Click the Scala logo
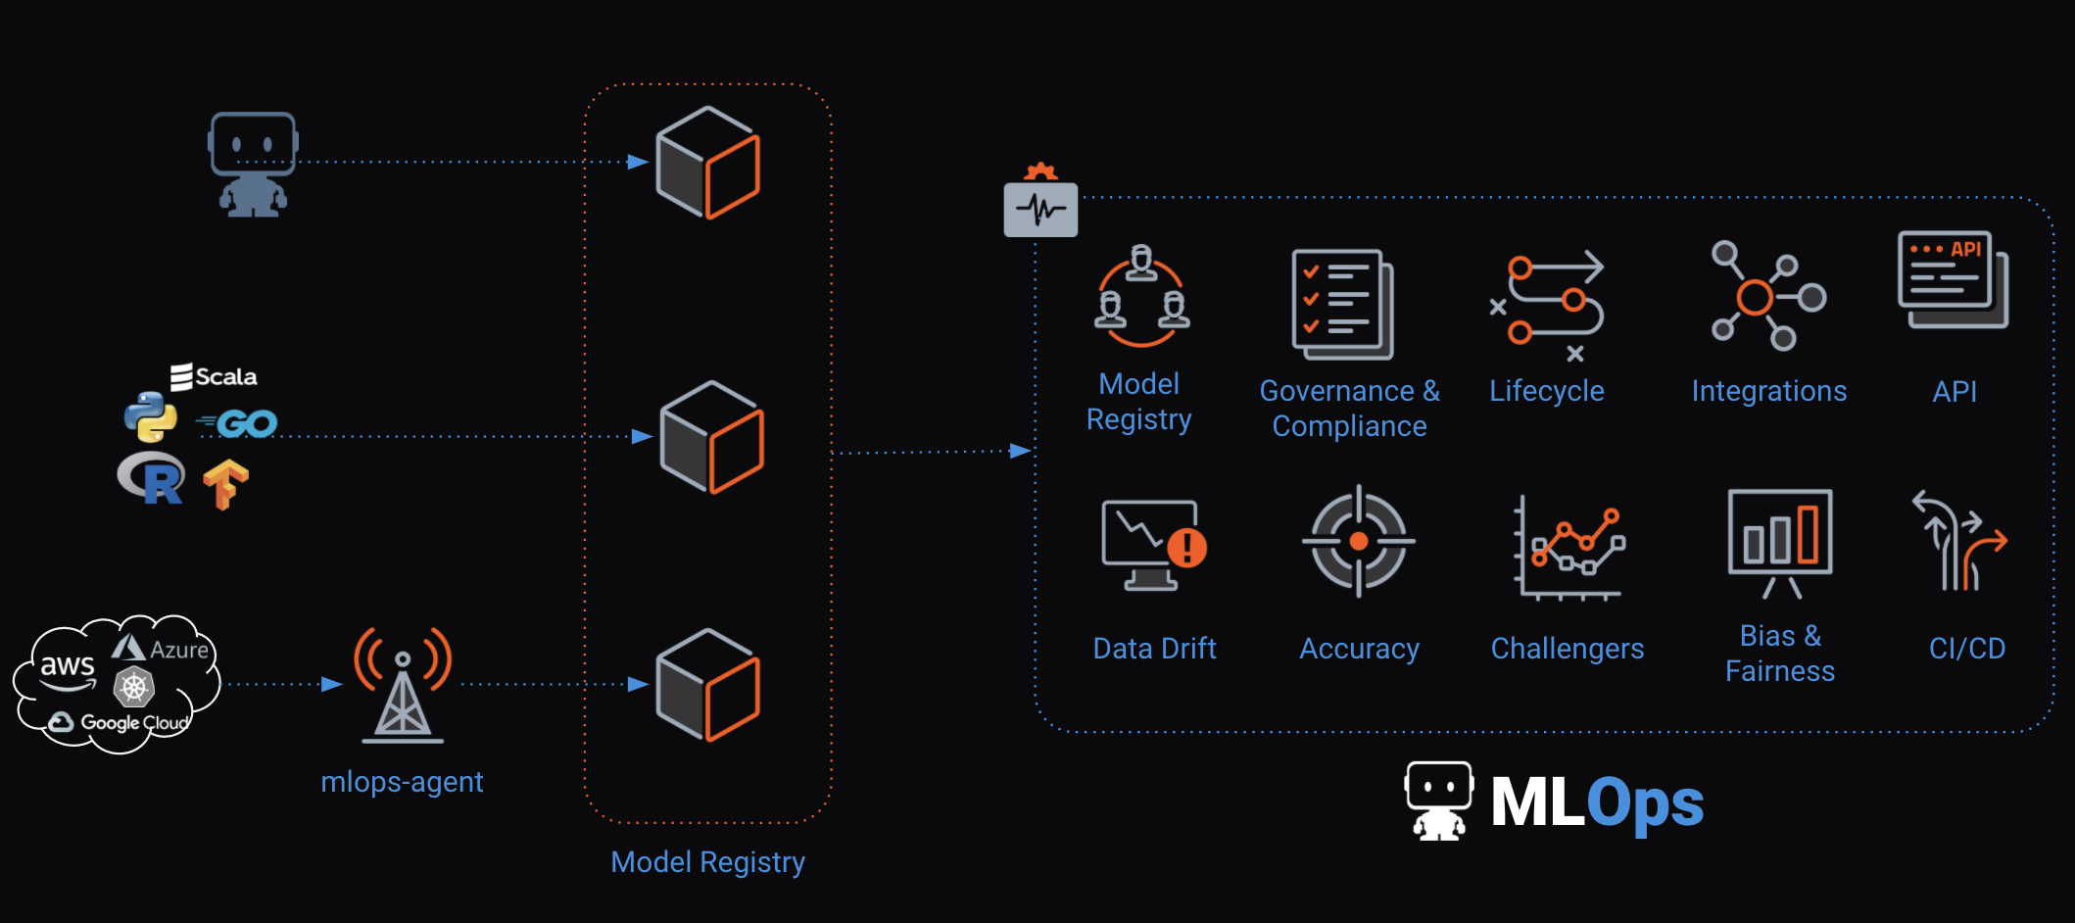(x=214, y=377)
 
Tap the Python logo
(x=151, y=416)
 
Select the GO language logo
(x=239, y=423)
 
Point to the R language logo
(x=152, y=478)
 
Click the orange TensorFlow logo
(x=225, y=484)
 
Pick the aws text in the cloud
(x=67, y=666)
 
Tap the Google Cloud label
(x=121, y=723)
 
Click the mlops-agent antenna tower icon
(x=403, y=685)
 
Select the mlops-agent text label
(x=402, y=782)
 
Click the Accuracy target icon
(x=1359, y=541)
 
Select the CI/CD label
(x=1966, y=649)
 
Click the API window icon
(x=1953, y=280)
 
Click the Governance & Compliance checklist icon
(x=1342, y=304)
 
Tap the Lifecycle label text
(x=1546, y=391)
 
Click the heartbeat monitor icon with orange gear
(x=1040, y=203)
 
